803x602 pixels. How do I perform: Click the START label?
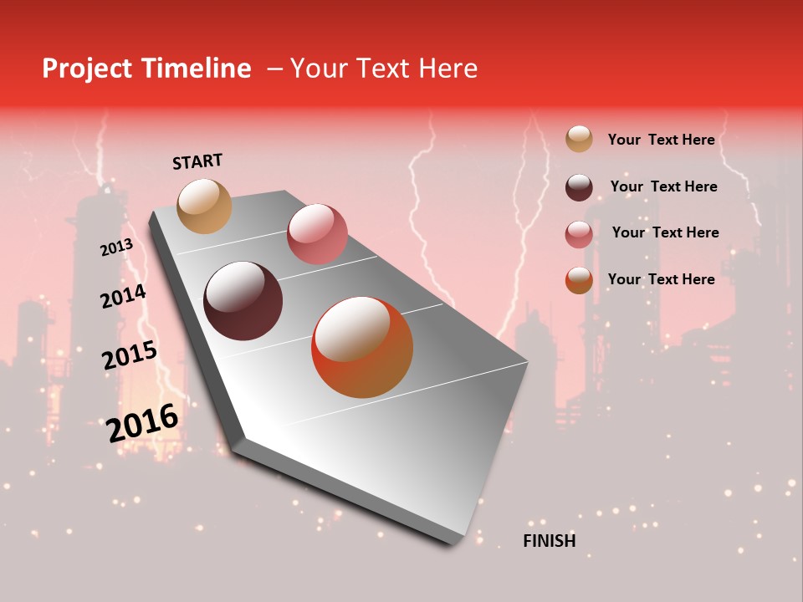tap(197, 161)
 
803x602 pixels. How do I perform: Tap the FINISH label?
tap(549, 541)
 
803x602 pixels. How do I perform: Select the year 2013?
tap(117, 247)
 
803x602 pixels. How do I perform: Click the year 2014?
tap(123, 297)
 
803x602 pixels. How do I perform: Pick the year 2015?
tap(130, 355)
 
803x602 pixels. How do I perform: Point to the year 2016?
tap(143, 423)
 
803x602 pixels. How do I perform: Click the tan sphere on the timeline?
tap(204, 206)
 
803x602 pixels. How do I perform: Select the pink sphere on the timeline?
tap(317, 233)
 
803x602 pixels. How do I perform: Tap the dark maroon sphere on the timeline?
tap(243, 301)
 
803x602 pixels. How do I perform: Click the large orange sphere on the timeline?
tap(362, 347)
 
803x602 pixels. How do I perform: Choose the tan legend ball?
tap(579, 139)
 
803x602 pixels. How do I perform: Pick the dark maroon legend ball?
tap(579, 186)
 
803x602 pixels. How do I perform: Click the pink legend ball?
tap(579, 233)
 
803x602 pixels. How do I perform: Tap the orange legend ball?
tap(579, 280)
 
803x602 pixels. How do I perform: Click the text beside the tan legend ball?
tap(661, 140)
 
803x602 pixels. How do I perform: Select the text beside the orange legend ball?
tap(661, 279)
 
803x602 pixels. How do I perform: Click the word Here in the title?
tap(448, 69)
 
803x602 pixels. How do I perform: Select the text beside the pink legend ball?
tap(665, 232)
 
